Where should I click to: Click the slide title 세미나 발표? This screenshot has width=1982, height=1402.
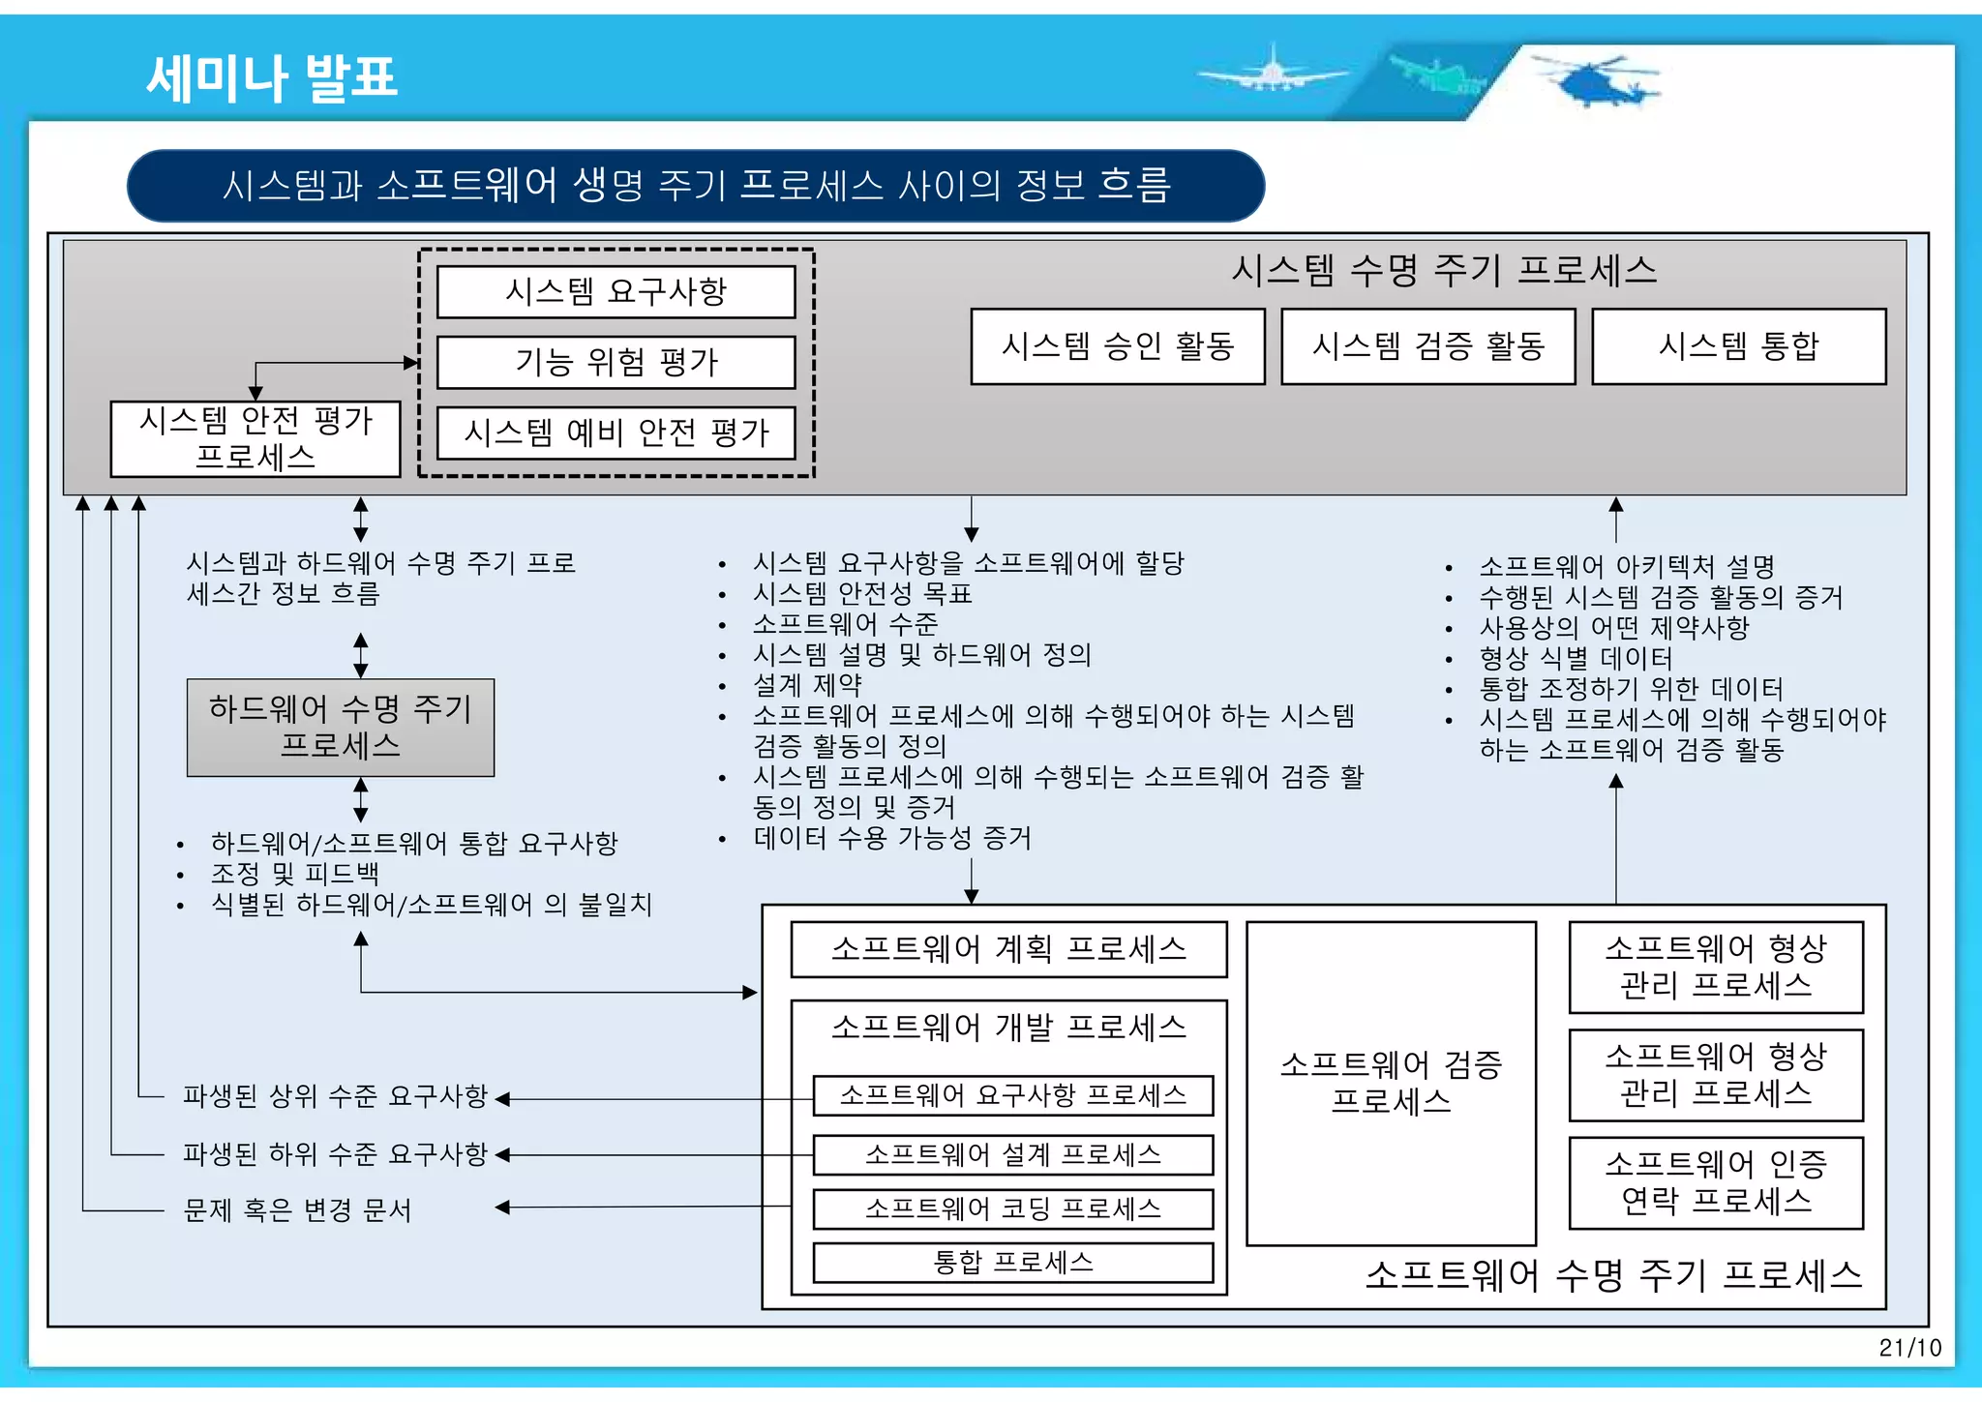[x=272, y=77]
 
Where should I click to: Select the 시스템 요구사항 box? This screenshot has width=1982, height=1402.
[x=616, y=292]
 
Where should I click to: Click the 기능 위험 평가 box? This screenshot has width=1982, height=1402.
[x=616, y=363]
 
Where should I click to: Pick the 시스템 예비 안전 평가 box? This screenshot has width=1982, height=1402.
[x=616, y=433]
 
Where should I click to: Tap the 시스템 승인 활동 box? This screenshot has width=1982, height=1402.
[x=1118, y=346]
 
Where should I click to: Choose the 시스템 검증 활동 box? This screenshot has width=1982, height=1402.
[x=1428, y=346]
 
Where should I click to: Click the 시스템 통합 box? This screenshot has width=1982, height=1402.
[x=1739, y=346]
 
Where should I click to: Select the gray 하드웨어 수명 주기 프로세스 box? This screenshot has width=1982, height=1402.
[x=341, y=728]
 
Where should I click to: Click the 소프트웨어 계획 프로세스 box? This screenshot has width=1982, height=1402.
[x=1009, y=949]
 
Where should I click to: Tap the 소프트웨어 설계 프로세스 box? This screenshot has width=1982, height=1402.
[x=1013, y=1154]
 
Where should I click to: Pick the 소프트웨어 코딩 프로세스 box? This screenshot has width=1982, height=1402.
[x=1013, y=1208]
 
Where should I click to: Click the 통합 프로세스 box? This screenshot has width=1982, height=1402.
[x=1013, y=1263]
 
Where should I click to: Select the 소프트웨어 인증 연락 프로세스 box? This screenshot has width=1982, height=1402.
[x=1716, y=1183]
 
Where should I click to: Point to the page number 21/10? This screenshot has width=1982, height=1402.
[x=1909, y=1348]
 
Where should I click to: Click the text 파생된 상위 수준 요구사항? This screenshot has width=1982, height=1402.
[x=335, y=1096]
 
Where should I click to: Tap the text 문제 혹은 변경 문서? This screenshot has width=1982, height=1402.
[x=297, y=1210]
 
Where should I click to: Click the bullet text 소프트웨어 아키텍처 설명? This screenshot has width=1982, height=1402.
[x=1627, y=567]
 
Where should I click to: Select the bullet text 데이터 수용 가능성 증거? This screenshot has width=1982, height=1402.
[x=892, y=838]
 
